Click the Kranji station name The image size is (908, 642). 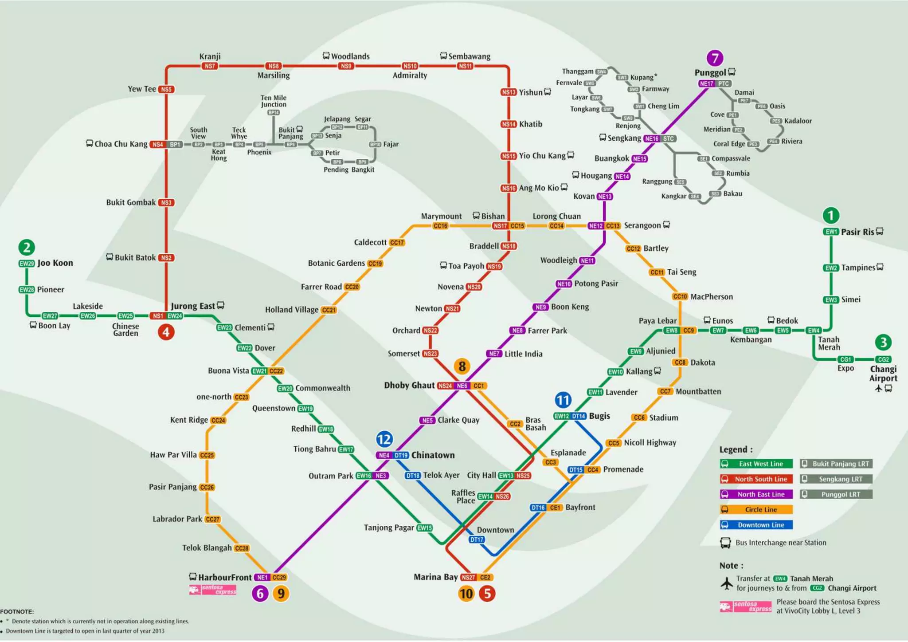(x=210, y=56)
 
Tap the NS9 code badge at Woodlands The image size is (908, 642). (x=346, y=66)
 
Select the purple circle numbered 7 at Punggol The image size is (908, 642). (x=715, y=58)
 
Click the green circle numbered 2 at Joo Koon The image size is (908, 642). (x=27, y=247)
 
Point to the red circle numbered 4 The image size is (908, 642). (x=166, y=332)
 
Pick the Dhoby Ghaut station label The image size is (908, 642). (x=409, y=385)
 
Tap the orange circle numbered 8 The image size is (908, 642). (x=462, y=366)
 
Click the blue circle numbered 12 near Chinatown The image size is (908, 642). (x=384, y=439)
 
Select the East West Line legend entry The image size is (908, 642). (x=756, y=464)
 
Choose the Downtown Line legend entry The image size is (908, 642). (x=756, y=525)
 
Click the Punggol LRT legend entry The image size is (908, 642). (x=836, y=494)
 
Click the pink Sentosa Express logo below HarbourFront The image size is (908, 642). (x=213, y=589)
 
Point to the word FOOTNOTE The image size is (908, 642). (x=17, y=611)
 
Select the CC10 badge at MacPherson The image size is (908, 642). (x=680, y=296)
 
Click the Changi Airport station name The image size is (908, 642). (x=883, y=373)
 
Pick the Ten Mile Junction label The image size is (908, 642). (x=274, y=101)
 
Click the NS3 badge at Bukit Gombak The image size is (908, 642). (x=166, y=202)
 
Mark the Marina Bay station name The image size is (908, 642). (x=435, y=577)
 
